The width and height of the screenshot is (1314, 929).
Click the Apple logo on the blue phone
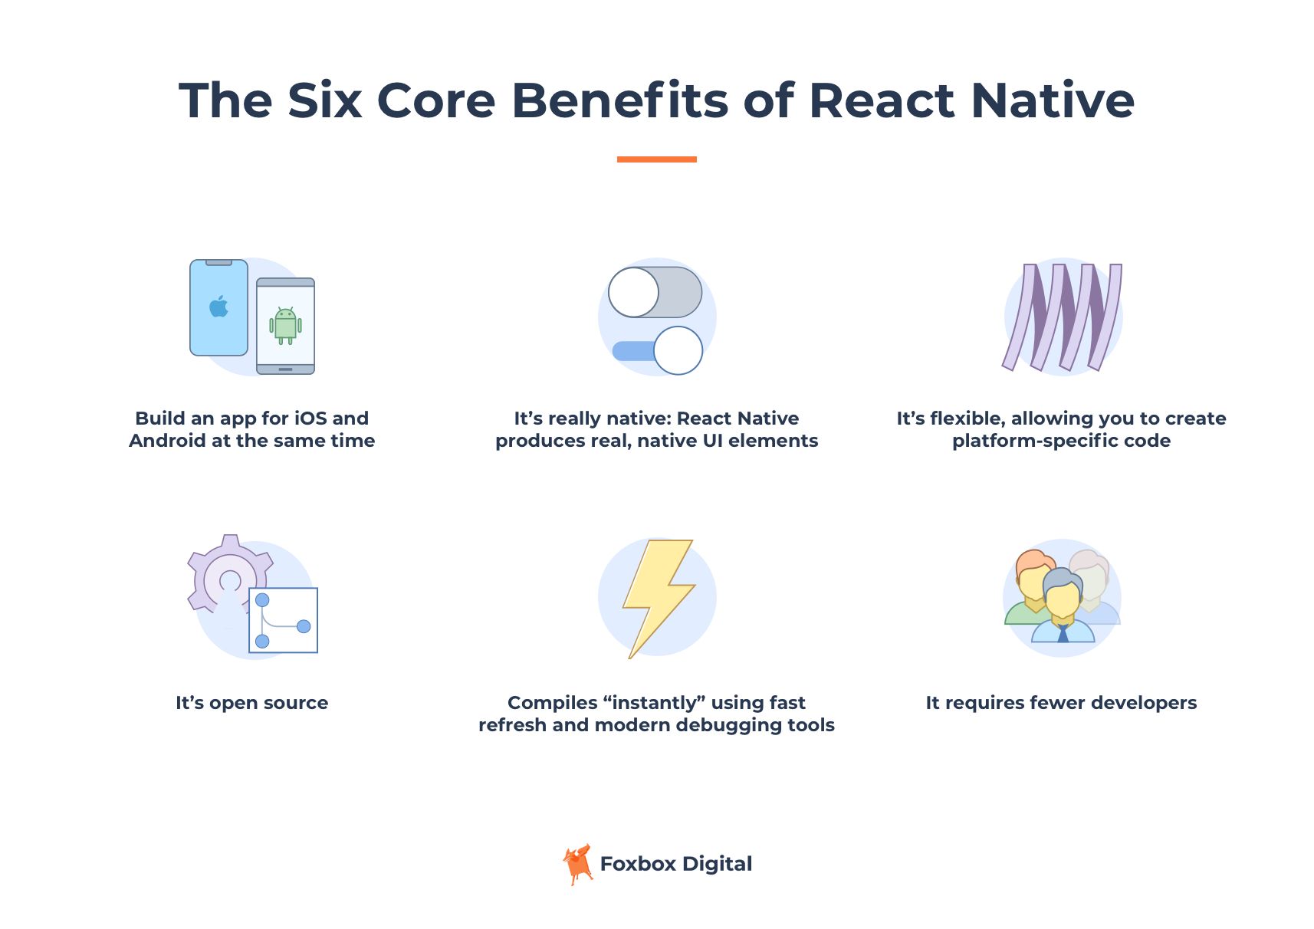(x=219, y=307)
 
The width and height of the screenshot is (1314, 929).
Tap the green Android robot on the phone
(x=285, y=325)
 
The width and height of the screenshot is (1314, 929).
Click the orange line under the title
(x=656, y=159)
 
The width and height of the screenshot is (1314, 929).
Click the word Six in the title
(x=324, y=100)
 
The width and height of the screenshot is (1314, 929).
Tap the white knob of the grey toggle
(x=633, y=292)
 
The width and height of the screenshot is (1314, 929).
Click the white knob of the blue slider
(x=678, y=350)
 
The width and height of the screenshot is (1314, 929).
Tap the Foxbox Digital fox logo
(x=578, y=865)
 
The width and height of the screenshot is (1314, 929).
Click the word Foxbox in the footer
(x=637, y=864)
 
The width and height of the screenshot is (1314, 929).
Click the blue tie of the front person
(x=1063, y=633)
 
